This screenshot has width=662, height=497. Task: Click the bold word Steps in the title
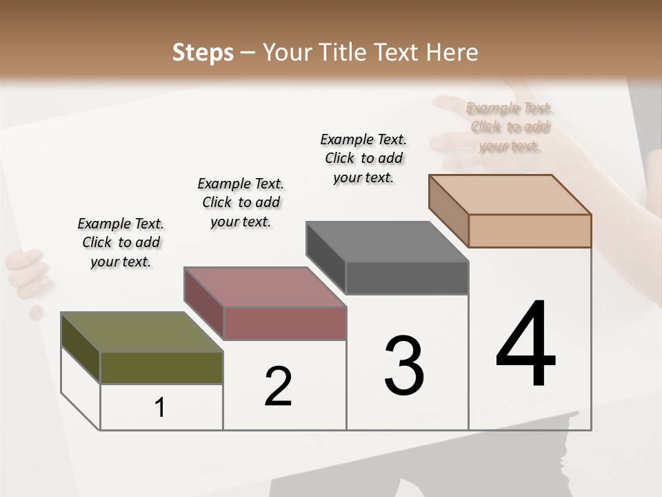[x=203, y=52]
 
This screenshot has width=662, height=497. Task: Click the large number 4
[x=525, y=344]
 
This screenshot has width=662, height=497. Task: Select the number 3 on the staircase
[x=404, y=366]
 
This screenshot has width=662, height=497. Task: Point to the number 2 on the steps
[x=279, y=387]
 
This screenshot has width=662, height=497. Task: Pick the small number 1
[x=160, y=408]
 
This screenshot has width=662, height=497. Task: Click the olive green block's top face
[x=141, y=332]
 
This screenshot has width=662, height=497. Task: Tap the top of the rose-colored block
[x=265, y=287]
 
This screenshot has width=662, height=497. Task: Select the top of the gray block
[x=387, y=242]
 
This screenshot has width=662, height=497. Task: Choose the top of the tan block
[x=510, y=195]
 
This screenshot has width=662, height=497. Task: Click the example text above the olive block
[x=121, y=242]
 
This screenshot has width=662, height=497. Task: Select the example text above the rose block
[x=241, y=202]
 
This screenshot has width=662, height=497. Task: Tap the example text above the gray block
[x=363, y=158]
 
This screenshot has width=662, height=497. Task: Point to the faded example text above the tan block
[x=510, y=127]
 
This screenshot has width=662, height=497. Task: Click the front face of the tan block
[x=530, y=231]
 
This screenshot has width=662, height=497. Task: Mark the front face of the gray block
[x=407, y=278]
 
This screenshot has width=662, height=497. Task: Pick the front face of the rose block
[x=285, y=323]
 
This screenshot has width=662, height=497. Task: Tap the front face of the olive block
[x=161, y=367]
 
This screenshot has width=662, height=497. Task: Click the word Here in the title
[x=453, y=52]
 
